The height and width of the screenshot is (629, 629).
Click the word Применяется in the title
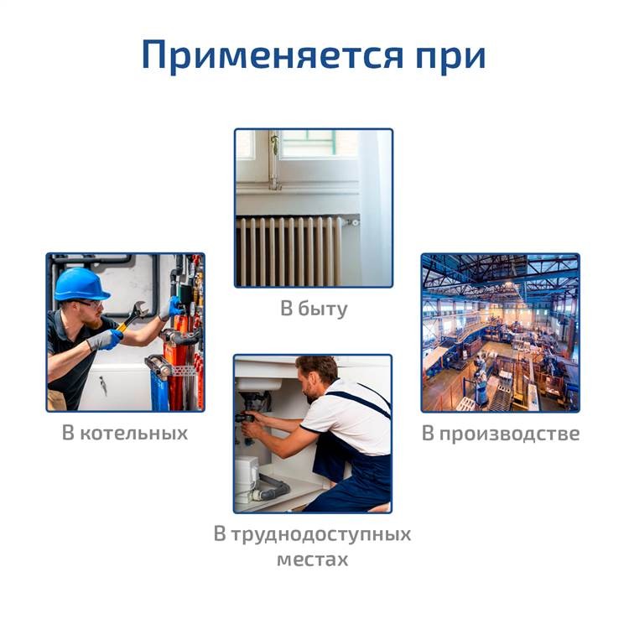pyautogui.click(x=273, y=55)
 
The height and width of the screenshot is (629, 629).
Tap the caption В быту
pyautogui.click(x=314, y=309)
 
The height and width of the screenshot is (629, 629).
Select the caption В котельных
pyautogui.click(x=125, y=434)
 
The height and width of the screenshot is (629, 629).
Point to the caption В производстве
pyautogui.click(x=501, y=434)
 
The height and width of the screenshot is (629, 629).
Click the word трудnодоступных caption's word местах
pyautogui.click(x=313, y=559)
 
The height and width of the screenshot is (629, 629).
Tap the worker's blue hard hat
pyautogui.click(x=81, y=284)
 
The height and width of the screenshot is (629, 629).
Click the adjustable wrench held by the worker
pyautogui.click(x=133, y=315)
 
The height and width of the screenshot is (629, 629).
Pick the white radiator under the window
pyautogui.click(x=289, y=251)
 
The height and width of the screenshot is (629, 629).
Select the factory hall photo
pyautogui.click(x=500, y=333)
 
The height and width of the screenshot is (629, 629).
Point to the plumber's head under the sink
pyautogui.click(x=318, y=378)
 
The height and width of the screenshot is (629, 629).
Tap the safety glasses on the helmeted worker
pyautogui.click(x=91, y=304)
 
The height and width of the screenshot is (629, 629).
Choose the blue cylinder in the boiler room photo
pyautogui.click(x=159, y=390)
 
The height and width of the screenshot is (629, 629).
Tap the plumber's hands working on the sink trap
pyautogui.click(x=251, y=424)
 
